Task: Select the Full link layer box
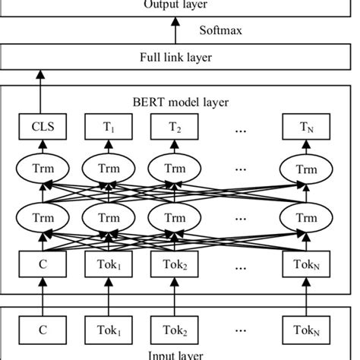(x=179, y=57)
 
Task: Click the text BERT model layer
(x=179, y=101)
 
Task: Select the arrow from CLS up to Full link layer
(x=38, y=91)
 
